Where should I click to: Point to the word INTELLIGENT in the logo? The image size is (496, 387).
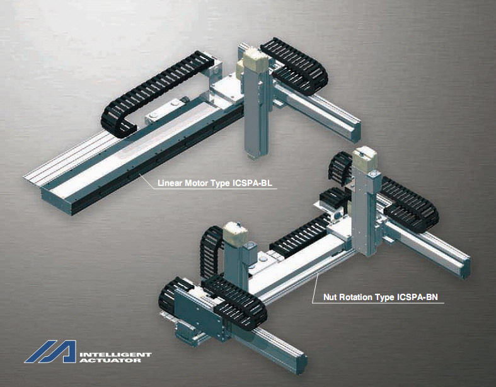pos(116,354)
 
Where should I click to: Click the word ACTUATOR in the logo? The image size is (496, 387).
pos(110,361)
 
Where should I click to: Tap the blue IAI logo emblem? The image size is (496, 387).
pos(51,351)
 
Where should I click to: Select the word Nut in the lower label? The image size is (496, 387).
pos(330,297)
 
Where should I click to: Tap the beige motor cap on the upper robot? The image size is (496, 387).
pos(255,60)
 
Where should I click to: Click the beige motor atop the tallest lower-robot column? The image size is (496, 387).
pos(365,159)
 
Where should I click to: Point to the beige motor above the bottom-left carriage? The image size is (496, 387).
pos(236,234)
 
